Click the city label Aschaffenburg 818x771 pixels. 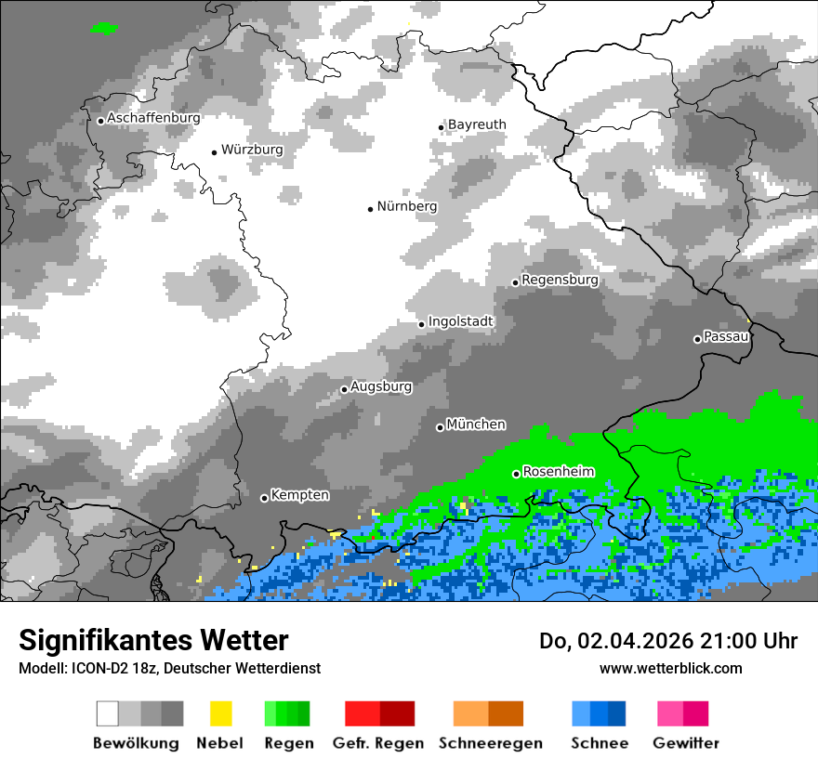click(153, 119)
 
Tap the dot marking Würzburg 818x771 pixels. click(214, 152)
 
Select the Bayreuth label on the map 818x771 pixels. click(477, 124)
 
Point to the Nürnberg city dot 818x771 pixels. click(370, 209)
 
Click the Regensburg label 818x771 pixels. click(560, 280)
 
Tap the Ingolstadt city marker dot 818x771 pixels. click(421, 324)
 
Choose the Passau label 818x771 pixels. click(726, 336)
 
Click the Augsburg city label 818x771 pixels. click(380, 386)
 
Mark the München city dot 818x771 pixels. click(440, 427)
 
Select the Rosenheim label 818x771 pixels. click(558, 472)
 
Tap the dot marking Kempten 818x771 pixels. click(264, 498)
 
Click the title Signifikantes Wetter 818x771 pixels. click(153, 641)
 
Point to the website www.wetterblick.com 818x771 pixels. click(671, 668)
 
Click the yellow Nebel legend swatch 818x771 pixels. click(220, 713)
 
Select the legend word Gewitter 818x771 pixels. click(685, 743)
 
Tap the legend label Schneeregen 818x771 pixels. click(491, 743)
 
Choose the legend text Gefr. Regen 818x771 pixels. click(378, 743)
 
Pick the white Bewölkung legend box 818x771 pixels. click(108, 713)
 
